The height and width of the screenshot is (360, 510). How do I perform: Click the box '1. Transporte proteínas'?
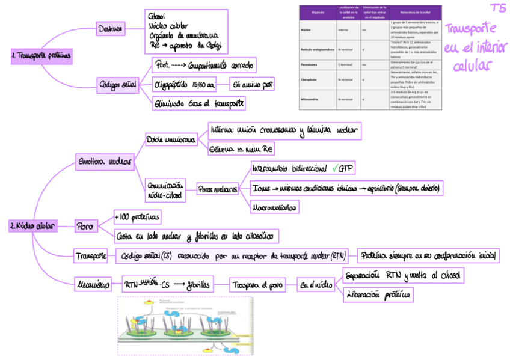click(41, 56)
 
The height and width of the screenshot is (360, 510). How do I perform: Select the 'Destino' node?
click(111, 28)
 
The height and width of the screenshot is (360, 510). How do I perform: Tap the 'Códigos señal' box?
click(117, 85)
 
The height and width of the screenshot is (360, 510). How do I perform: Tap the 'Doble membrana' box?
click(171, 140)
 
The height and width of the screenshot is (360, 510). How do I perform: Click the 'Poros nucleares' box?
click(218, 188)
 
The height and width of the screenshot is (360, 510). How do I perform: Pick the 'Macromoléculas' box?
click(274, 207)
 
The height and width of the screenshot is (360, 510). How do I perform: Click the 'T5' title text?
click(497, 9)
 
